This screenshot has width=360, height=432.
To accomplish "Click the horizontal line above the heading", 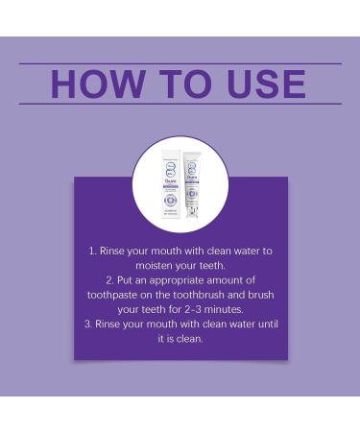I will click(x=180, y=63).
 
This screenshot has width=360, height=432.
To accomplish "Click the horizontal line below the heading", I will click(x=180, y=104).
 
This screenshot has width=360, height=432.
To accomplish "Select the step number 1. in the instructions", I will click(x=93, y=251).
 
